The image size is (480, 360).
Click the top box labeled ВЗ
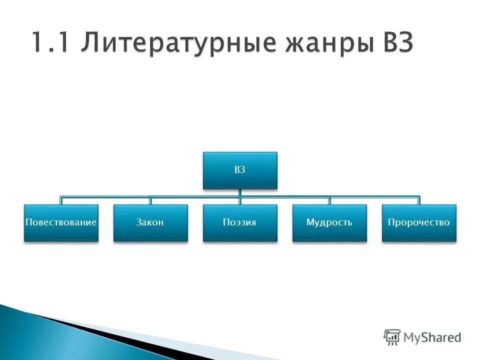coord(239,170)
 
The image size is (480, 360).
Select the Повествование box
coord(61,223)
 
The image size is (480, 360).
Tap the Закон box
coord(150,223)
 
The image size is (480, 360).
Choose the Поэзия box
coord(239,223)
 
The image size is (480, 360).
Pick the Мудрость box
coord(329,223)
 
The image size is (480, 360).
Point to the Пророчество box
coord(419,223)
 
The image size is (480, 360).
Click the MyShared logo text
coord(432,337)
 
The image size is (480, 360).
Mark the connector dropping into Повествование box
coord(61,200)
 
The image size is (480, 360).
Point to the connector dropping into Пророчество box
coord(419,200)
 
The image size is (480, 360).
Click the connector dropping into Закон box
coord(150,200)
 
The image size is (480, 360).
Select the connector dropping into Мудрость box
coord(329,200)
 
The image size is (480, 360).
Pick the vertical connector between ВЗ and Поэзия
coord(240,196)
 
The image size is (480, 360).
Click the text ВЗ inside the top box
coord(239,170)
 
